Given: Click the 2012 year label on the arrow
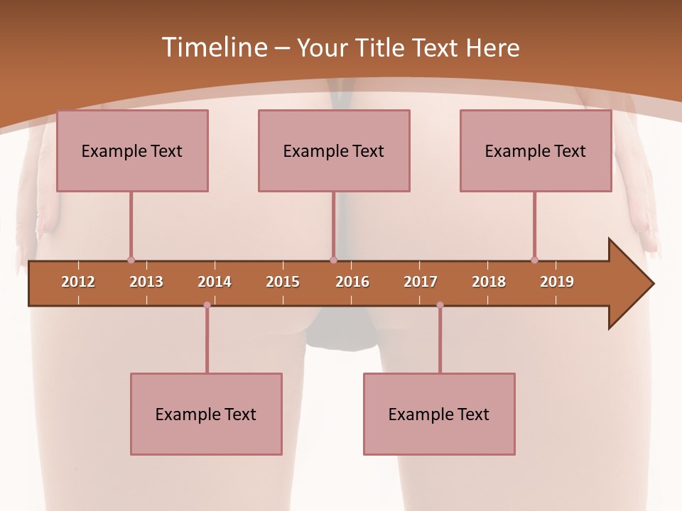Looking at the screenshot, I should tap(78, 282).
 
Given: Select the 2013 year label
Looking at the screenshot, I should tap(146, 282).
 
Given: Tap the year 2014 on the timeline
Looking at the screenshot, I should tap(215, 282).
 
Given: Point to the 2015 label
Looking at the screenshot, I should tap(283, 282).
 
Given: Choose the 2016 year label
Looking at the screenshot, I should tap(352, 282).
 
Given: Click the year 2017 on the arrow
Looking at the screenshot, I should tap(421, 282).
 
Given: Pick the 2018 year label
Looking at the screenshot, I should tap(489, 282).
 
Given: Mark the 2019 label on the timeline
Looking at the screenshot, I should tap(557, 282).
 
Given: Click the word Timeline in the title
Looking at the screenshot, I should tap(214, 48).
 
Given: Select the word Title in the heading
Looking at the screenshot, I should tap(381, 48).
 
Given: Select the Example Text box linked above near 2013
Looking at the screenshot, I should tap(132, 150).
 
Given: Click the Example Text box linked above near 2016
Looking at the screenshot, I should tap(334, 150).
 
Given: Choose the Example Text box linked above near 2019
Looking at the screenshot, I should tap(536, 150).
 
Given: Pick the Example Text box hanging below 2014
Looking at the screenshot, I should tap(206, 414).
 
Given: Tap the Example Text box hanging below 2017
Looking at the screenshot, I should tap(439, 414).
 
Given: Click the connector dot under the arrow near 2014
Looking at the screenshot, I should tap(207, 305).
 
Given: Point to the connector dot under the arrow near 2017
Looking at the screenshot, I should tap(440, 305).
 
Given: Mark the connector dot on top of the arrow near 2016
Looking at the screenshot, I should tap(333, 260).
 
